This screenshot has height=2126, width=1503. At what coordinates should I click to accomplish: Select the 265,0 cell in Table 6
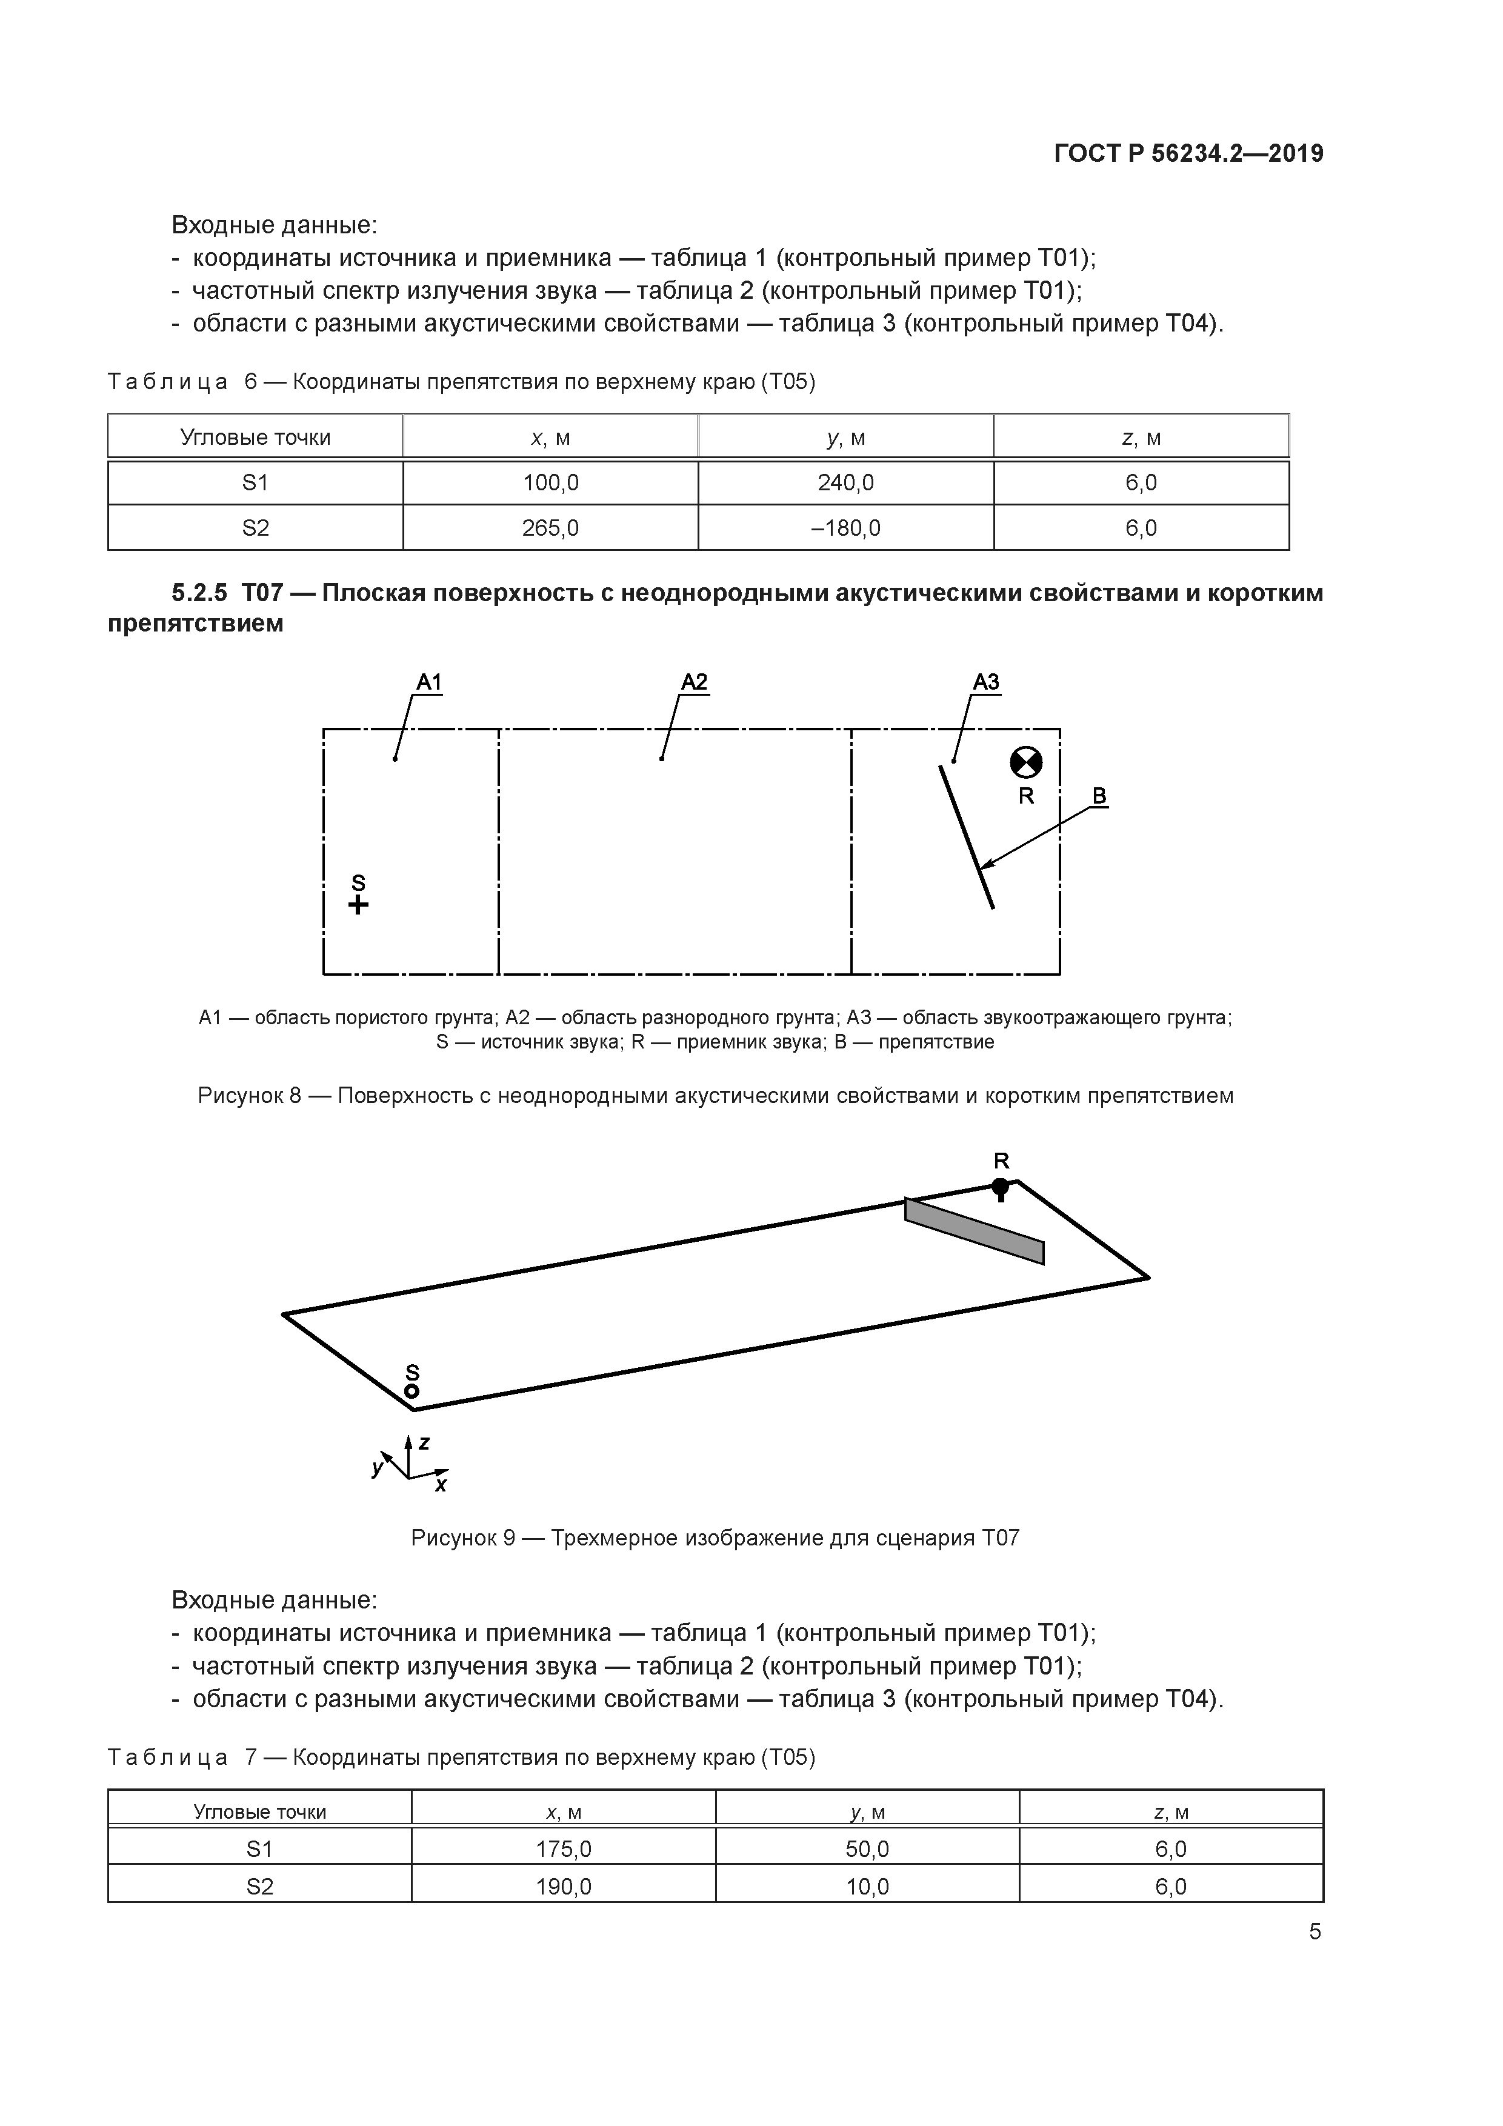550,528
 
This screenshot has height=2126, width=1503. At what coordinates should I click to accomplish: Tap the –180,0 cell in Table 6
845,528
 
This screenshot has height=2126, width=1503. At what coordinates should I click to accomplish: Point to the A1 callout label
428,682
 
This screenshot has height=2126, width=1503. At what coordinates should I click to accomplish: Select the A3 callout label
985,682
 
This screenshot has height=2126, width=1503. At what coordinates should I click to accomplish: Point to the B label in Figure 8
1099,795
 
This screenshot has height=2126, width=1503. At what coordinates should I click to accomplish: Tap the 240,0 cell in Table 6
845,482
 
